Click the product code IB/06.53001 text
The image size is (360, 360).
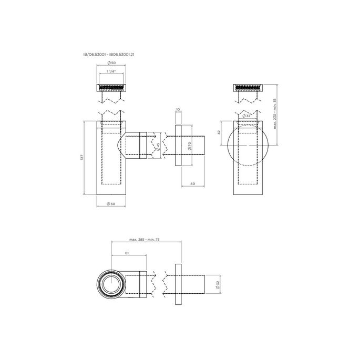95,54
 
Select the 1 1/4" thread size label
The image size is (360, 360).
111,71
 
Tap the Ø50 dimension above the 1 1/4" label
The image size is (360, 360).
111,63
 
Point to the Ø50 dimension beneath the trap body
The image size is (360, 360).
111,203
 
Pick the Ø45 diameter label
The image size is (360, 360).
157,146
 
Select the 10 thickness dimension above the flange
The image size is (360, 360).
178,110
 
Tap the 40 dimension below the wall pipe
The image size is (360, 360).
193,183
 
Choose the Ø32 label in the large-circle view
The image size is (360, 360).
246,116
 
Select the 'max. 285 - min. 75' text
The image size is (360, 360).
145,240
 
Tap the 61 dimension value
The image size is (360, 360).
128,253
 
